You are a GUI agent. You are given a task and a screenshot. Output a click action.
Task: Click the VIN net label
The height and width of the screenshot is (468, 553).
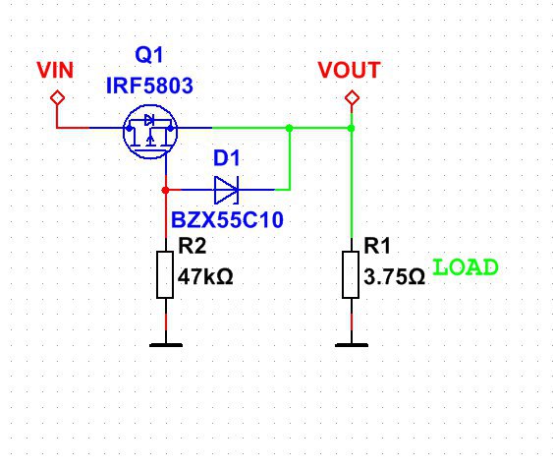click(x=55, y=70)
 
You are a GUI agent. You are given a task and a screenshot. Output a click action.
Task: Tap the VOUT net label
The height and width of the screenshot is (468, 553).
click(x=349, y=70)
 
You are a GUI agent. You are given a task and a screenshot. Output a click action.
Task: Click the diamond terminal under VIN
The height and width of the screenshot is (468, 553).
click(x=57, y=97)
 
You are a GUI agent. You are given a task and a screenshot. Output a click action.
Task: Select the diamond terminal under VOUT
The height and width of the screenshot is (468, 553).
click(x=352, y=97)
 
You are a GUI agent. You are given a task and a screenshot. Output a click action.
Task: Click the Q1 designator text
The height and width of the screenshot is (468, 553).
click(x=149, y=55)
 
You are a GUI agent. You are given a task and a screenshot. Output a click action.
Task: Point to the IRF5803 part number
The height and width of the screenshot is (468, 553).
click(x=149, y=86)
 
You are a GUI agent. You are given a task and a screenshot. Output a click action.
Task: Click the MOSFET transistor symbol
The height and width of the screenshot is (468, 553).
click(x=150, y=132)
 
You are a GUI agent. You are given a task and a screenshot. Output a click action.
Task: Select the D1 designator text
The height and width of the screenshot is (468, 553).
click(x=227, y=157)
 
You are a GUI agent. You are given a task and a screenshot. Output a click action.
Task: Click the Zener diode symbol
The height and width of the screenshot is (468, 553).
click(x=227, y=190)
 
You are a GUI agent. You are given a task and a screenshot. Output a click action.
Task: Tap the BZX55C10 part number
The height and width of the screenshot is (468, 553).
click(x=227, y=220)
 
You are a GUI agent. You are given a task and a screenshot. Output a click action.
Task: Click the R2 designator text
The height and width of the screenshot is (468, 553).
click(x=193, y=246)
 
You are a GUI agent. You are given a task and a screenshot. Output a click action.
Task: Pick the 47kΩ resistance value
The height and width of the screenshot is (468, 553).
click(x=205, y=276)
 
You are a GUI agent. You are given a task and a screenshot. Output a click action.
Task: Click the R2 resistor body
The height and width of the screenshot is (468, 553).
click(x=165, y=274)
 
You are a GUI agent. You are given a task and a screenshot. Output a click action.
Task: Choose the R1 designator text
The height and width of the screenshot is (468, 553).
click(x=377, y=246)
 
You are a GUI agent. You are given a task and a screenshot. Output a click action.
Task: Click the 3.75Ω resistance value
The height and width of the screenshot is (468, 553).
click(x=394, y=276)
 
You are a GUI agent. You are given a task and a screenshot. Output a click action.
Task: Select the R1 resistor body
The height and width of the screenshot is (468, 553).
click(x=351, y=274)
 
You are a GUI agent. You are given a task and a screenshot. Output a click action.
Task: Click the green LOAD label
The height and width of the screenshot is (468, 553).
click(x=466, y=267)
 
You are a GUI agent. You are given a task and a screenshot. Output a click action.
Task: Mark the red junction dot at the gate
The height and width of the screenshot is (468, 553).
click(x=165, y=190)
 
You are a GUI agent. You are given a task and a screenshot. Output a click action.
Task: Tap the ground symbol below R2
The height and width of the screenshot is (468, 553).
click(x=166, y=345)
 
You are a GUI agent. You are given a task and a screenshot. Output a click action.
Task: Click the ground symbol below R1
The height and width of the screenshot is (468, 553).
click(x=352, y=345)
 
